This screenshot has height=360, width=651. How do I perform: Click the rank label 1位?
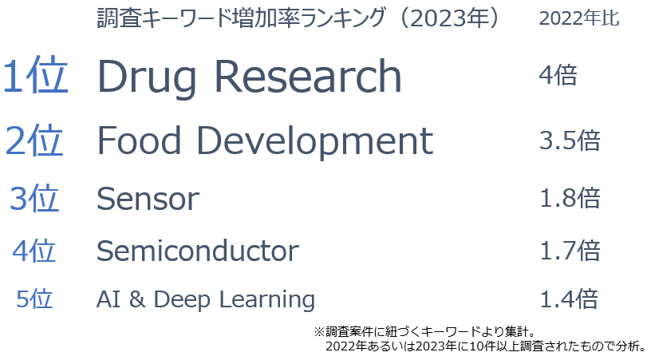click(x=35, y=76)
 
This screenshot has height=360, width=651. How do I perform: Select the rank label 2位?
click(x=34, y=140)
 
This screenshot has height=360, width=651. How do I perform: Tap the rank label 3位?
click(x=34, y=198)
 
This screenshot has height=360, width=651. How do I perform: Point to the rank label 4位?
click(x=34, y=251)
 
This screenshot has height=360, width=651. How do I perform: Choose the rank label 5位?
click(x=34, y=299)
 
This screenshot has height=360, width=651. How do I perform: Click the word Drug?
click(x=147, y=78)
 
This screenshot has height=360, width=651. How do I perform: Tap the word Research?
click(x=308, y=76)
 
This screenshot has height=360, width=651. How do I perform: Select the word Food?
click(x=139, y=140)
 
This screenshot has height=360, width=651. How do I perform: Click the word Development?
click(x=314, y=143)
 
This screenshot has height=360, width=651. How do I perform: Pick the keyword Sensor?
click(x=148, y=199)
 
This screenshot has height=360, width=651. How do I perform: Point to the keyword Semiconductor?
click(x=198, y=251)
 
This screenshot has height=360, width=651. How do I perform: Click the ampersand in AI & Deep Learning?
click(x=137, y=299)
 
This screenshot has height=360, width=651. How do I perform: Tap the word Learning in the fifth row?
click(x=267, y=300)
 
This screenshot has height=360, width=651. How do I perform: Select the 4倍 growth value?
click(x=558, y=75)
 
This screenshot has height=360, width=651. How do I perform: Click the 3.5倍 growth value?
click(x=570, y=140)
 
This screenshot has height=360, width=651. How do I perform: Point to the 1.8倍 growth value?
click(x=570, y=198)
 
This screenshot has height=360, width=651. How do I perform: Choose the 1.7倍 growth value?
click(x=570, y=251)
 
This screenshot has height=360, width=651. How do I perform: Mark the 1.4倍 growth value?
click(x=569, y=299)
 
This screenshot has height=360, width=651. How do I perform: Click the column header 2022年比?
click(x=578, y=18)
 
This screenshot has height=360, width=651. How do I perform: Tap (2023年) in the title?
click(x=450, y=18)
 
